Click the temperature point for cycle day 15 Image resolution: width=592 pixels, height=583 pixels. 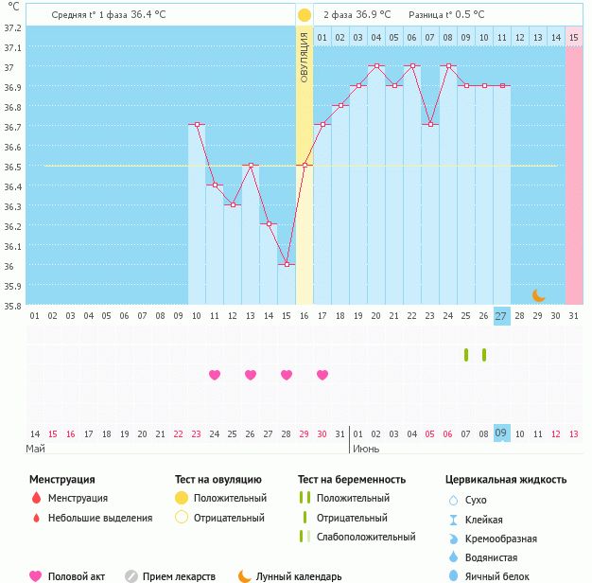[x=287, y=264]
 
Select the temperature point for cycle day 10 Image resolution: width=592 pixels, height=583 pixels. [x=197, y=124]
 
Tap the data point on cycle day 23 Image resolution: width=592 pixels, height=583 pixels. [x=430, y=124]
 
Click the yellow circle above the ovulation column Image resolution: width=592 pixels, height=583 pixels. [x=305, y=15]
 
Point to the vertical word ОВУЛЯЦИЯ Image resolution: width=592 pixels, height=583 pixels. [x=305, y=57]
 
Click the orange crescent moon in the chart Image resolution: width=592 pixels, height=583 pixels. [x=538, y=295]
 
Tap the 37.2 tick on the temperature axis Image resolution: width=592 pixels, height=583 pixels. [x=12, y=27]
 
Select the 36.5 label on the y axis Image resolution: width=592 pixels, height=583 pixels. [x=12, y=167]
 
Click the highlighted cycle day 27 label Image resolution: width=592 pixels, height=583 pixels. [x=501, y=316]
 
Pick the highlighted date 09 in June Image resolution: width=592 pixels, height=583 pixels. [x=501, y=433]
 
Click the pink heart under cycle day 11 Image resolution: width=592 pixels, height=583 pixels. [x=215, y=375]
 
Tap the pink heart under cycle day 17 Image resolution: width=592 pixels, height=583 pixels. [x=322, y=375]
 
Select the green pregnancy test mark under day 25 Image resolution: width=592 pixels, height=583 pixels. [x=466, y=355]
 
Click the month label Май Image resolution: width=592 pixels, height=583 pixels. [x=35, y=449]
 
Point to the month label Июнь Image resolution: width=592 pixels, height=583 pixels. [x=366, y=449]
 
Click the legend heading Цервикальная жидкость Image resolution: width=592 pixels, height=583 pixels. [x=506, y=480]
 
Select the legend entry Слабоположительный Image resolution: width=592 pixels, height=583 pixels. [x=366, y=537]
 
